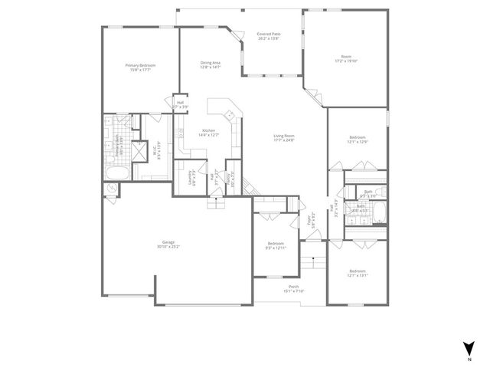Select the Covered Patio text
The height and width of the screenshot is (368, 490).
(x=268, y=34)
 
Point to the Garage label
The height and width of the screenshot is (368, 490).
(x=168, y=242)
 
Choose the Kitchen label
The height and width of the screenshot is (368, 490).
(x=208, y=130)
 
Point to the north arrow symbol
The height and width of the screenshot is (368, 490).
(x=468, y=348)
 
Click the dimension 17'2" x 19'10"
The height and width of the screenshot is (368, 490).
(x=346, y=61)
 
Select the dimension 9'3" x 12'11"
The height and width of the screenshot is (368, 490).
(x=275, y=248)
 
